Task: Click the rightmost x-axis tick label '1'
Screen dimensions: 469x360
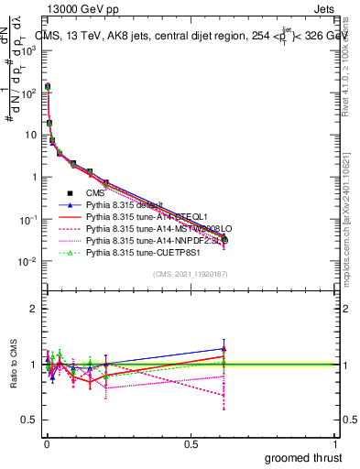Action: click(x=336, y=443)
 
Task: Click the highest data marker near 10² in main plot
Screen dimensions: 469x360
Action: click(x=47, y=87)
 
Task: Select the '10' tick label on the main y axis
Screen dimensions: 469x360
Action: click(x=29, y=135)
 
